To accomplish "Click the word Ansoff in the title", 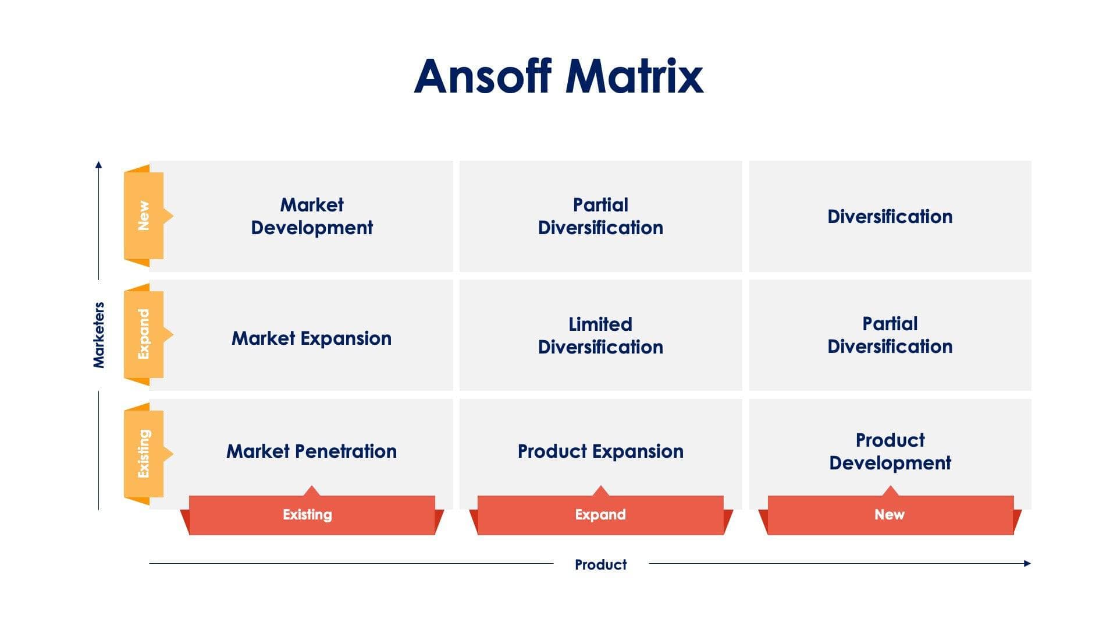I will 482,76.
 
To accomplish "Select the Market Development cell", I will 311,216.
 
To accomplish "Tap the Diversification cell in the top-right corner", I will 890,217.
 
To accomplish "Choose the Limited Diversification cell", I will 600,335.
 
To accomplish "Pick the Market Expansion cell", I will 311,338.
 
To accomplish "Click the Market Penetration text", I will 311,451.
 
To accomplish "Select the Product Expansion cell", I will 600,451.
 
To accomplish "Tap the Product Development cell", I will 890,451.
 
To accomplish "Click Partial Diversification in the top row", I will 600,216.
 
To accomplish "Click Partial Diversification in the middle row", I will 890,335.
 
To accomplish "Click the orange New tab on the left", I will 144,215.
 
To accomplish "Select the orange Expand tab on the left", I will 144,334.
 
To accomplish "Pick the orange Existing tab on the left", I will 144,453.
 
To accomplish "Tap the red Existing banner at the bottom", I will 308,515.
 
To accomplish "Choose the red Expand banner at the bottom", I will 600,515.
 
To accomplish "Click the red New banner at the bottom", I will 889,515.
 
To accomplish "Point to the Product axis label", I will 600,564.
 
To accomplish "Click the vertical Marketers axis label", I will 99,335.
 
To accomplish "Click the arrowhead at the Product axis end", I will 1027,563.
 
